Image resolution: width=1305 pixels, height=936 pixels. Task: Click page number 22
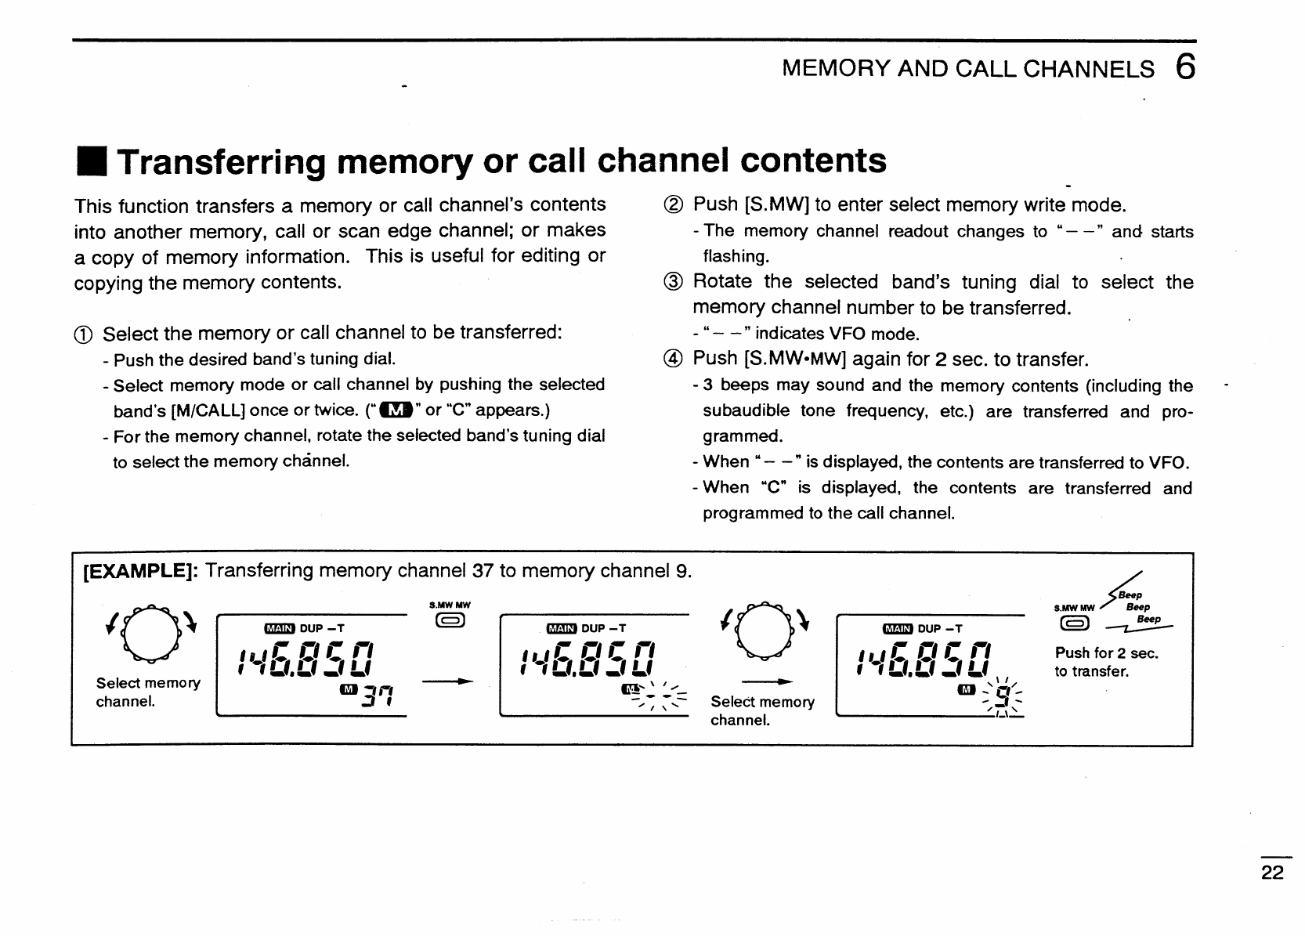(x=1273, y=873)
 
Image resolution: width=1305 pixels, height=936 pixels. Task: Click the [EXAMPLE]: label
(x=140, y=571)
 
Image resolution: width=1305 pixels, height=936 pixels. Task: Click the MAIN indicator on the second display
(x=561, y=628)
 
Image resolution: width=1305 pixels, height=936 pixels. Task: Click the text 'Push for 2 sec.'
(x=1106, y=653)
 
